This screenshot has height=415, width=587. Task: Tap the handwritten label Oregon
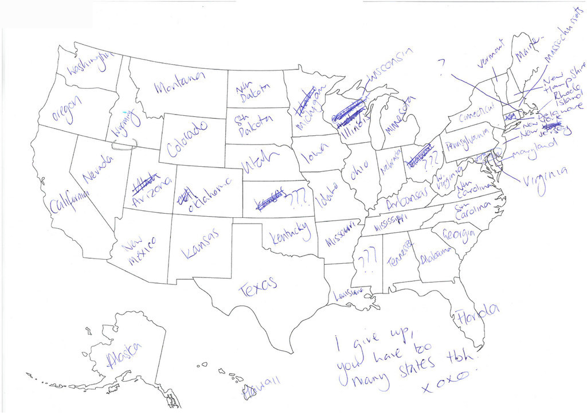pos(66,109)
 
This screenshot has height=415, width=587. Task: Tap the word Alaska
pos(124,357)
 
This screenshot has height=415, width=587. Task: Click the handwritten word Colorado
pos(187,139)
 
